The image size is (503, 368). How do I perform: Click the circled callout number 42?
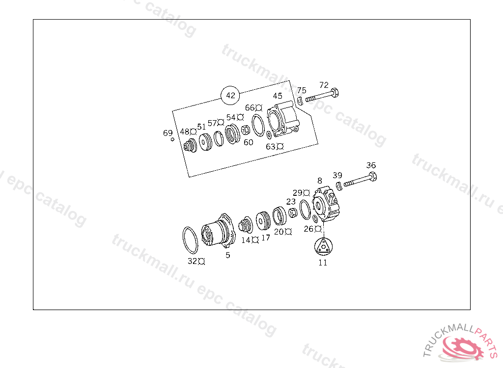coord(230,95)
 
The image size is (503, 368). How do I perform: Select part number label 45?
coord(278,96)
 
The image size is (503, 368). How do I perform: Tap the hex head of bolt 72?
coord(335,93)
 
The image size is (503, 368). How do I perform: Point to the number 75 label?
coord(302,90)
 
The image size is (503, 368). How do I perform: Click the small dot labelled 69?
coord(172,140)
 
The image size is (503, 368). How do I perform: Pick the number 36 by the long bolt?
coord(371,165)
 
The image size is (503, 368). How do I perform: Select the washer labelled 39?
coord(339,185)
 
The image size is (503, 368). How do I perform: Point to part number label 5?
coord(228,255)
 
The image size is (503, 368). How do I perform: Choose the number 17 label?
coord(265,238)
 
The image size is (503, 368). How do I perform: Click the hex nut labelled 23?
coord(292,213)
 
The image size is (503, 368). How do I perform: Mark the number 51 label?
coord(201,127)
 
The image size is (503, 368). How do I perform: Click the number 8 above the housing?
coord(320,181)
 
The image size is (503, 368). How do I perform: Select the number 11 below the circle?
coord(323,263)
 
